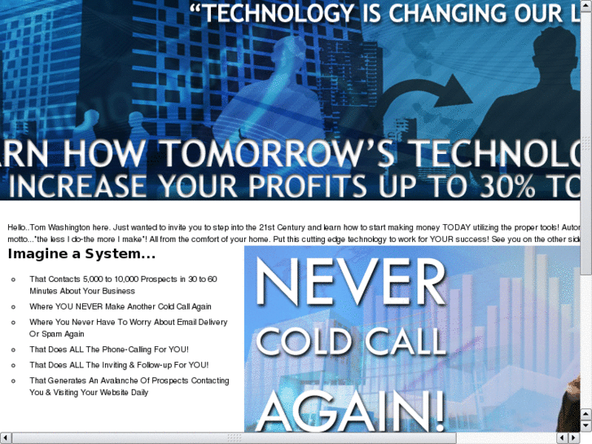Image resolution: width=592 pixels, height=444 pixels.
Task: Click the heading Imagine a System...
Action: tap(81, 254)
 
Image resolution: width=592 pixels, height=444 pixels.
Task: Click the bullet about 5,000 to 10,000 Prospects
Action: tap(123, 284)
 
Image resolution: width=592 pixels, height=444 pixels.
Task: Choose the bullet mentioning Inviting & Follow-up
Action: tap(119, 365)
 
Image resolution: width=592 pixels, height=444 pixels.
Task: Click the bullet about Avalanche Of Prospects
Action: tap(129, 386)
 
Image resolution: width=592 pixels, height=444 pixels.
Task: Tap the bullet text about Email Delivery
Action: tap(128, 328)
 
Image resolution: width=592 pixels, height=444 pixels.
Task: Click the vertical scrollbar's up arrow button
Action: tap(585, 6)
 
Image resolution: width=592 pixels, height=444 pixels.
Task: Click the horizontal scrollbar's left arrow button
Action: tap(6, 438)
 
